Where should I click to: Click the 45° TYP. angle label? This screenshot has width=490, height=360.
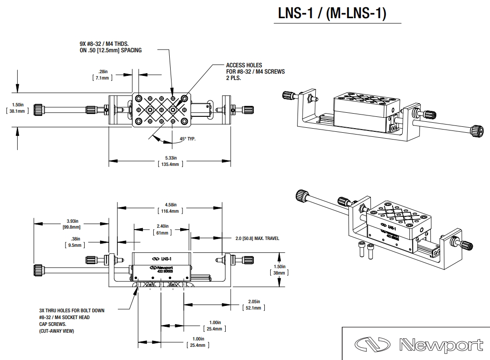[x=187, y=139]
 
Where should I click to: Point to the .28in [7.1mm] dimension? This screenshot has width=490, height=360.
[x=102, y=75]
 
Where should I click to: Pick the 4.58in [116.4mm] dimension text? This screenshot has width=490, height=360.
[x=171, y=208]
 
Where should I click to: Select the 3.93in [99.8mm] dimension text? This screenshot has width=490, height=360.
[x=71, y=224]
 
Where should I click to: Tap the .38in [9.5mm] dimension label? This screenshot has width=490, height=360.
[x=75, y=242]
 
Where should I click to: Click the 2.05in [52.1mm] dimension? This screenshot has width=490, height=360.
[x=254, y=305]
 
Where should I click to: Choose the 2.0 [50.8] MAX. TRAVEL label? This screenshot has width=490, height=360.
[x=257, y=238]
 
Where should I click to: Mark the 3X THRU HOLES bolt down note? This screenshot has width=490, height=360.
[x=71, y=317]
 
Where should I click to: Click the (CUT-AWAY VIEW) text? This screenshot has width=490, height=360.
[x=56, y=331]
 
